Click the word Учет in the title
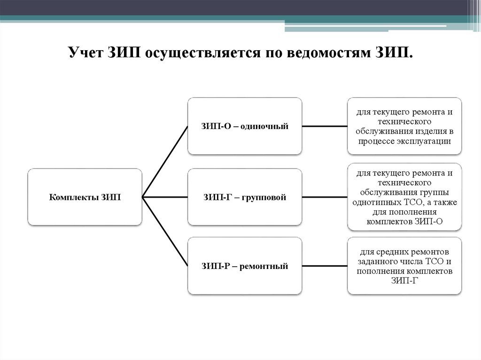[x=85, y=53]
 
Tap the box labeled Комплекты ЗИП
[x=85, y=197]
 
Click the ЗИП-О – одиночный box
[x=244, y=126]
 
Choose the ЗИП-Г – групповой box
[x=244, y=197]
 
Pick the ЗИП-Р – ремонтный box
[x=244, y=266]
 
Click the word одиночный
[x=264, y=126]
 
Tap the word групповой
[x=264, y=197]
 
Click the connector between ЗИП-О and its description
[x=325, y=126]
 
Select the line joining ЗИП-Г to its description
[x=325, y=197]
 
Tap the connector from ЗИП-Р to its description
[x=325, y=266]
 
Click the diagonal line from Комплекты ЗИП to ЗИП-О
[x=164, y=161]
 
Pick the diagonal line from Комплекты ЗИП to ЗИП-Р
[x=164, y=231]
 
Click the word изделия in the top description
[x=431, y=131]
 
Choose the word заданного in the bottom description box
[x=374, y=262]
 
